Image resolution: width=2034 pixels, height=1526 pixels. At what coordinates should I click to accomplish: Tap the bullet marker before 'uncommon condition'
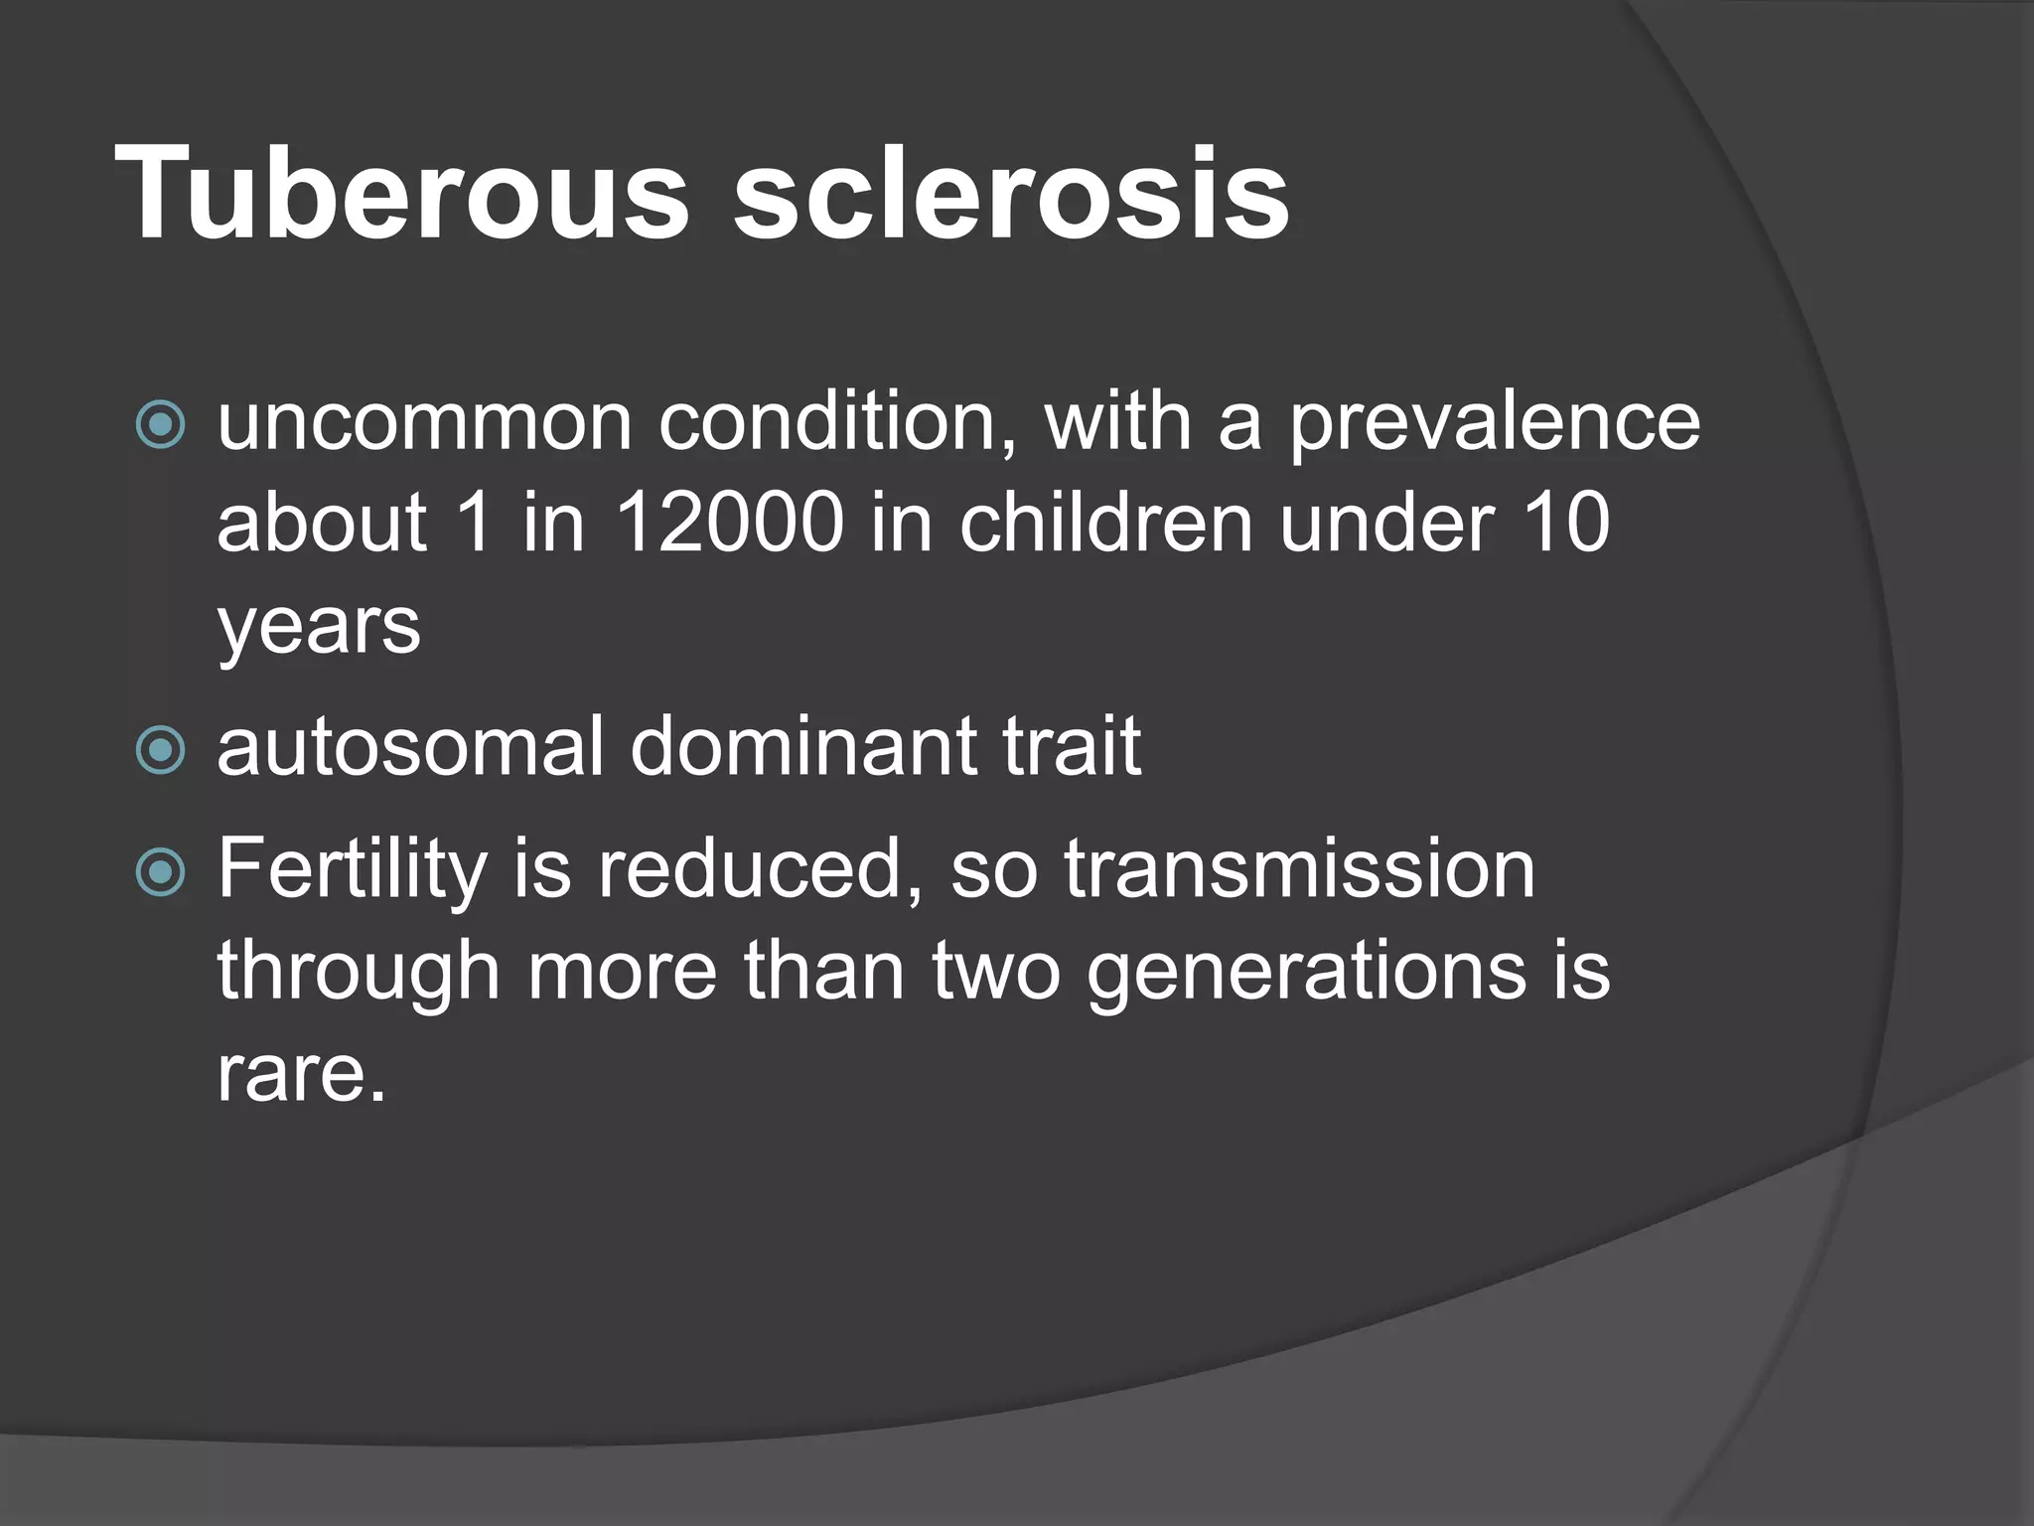pyautogui.click(x=160, y=425)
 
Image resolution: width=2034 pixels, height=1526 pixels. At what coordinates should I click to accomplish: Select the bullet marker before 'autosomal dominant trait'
pyautogui.click(x=160, y=750)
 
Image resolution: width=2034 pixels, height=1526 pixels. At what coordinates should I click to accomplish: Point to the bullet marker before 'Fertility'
pyautogui.click(x=160, y=872)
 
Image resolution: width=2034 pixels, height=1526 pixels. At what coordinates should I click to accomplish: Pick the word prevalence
pyautogui.click(x=1494, y=423)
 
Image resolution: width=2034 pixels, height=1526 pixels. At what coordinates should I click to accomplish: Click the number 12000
pyautogui.click(x=730, y=524)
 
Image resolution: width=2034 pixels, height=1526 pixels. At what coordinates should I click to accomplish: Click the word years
pyautogui.click(x=319, y=628)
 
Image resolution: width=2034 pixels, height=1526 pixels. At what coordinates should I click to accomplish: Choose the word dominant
pyautogui.click(x=802, y=747)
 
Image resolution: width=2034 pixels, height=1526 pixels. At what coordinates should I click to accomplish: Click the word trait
pyautogui.click(x=1072, y=747)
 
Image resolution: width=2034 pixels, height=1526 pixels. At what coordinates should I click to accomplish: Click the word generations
pyautogui.click(x=1306, y=972)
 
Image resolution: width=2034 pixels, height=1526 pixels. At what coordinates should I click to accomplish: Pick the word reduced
pyautogui.click(x=760, y=870)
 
